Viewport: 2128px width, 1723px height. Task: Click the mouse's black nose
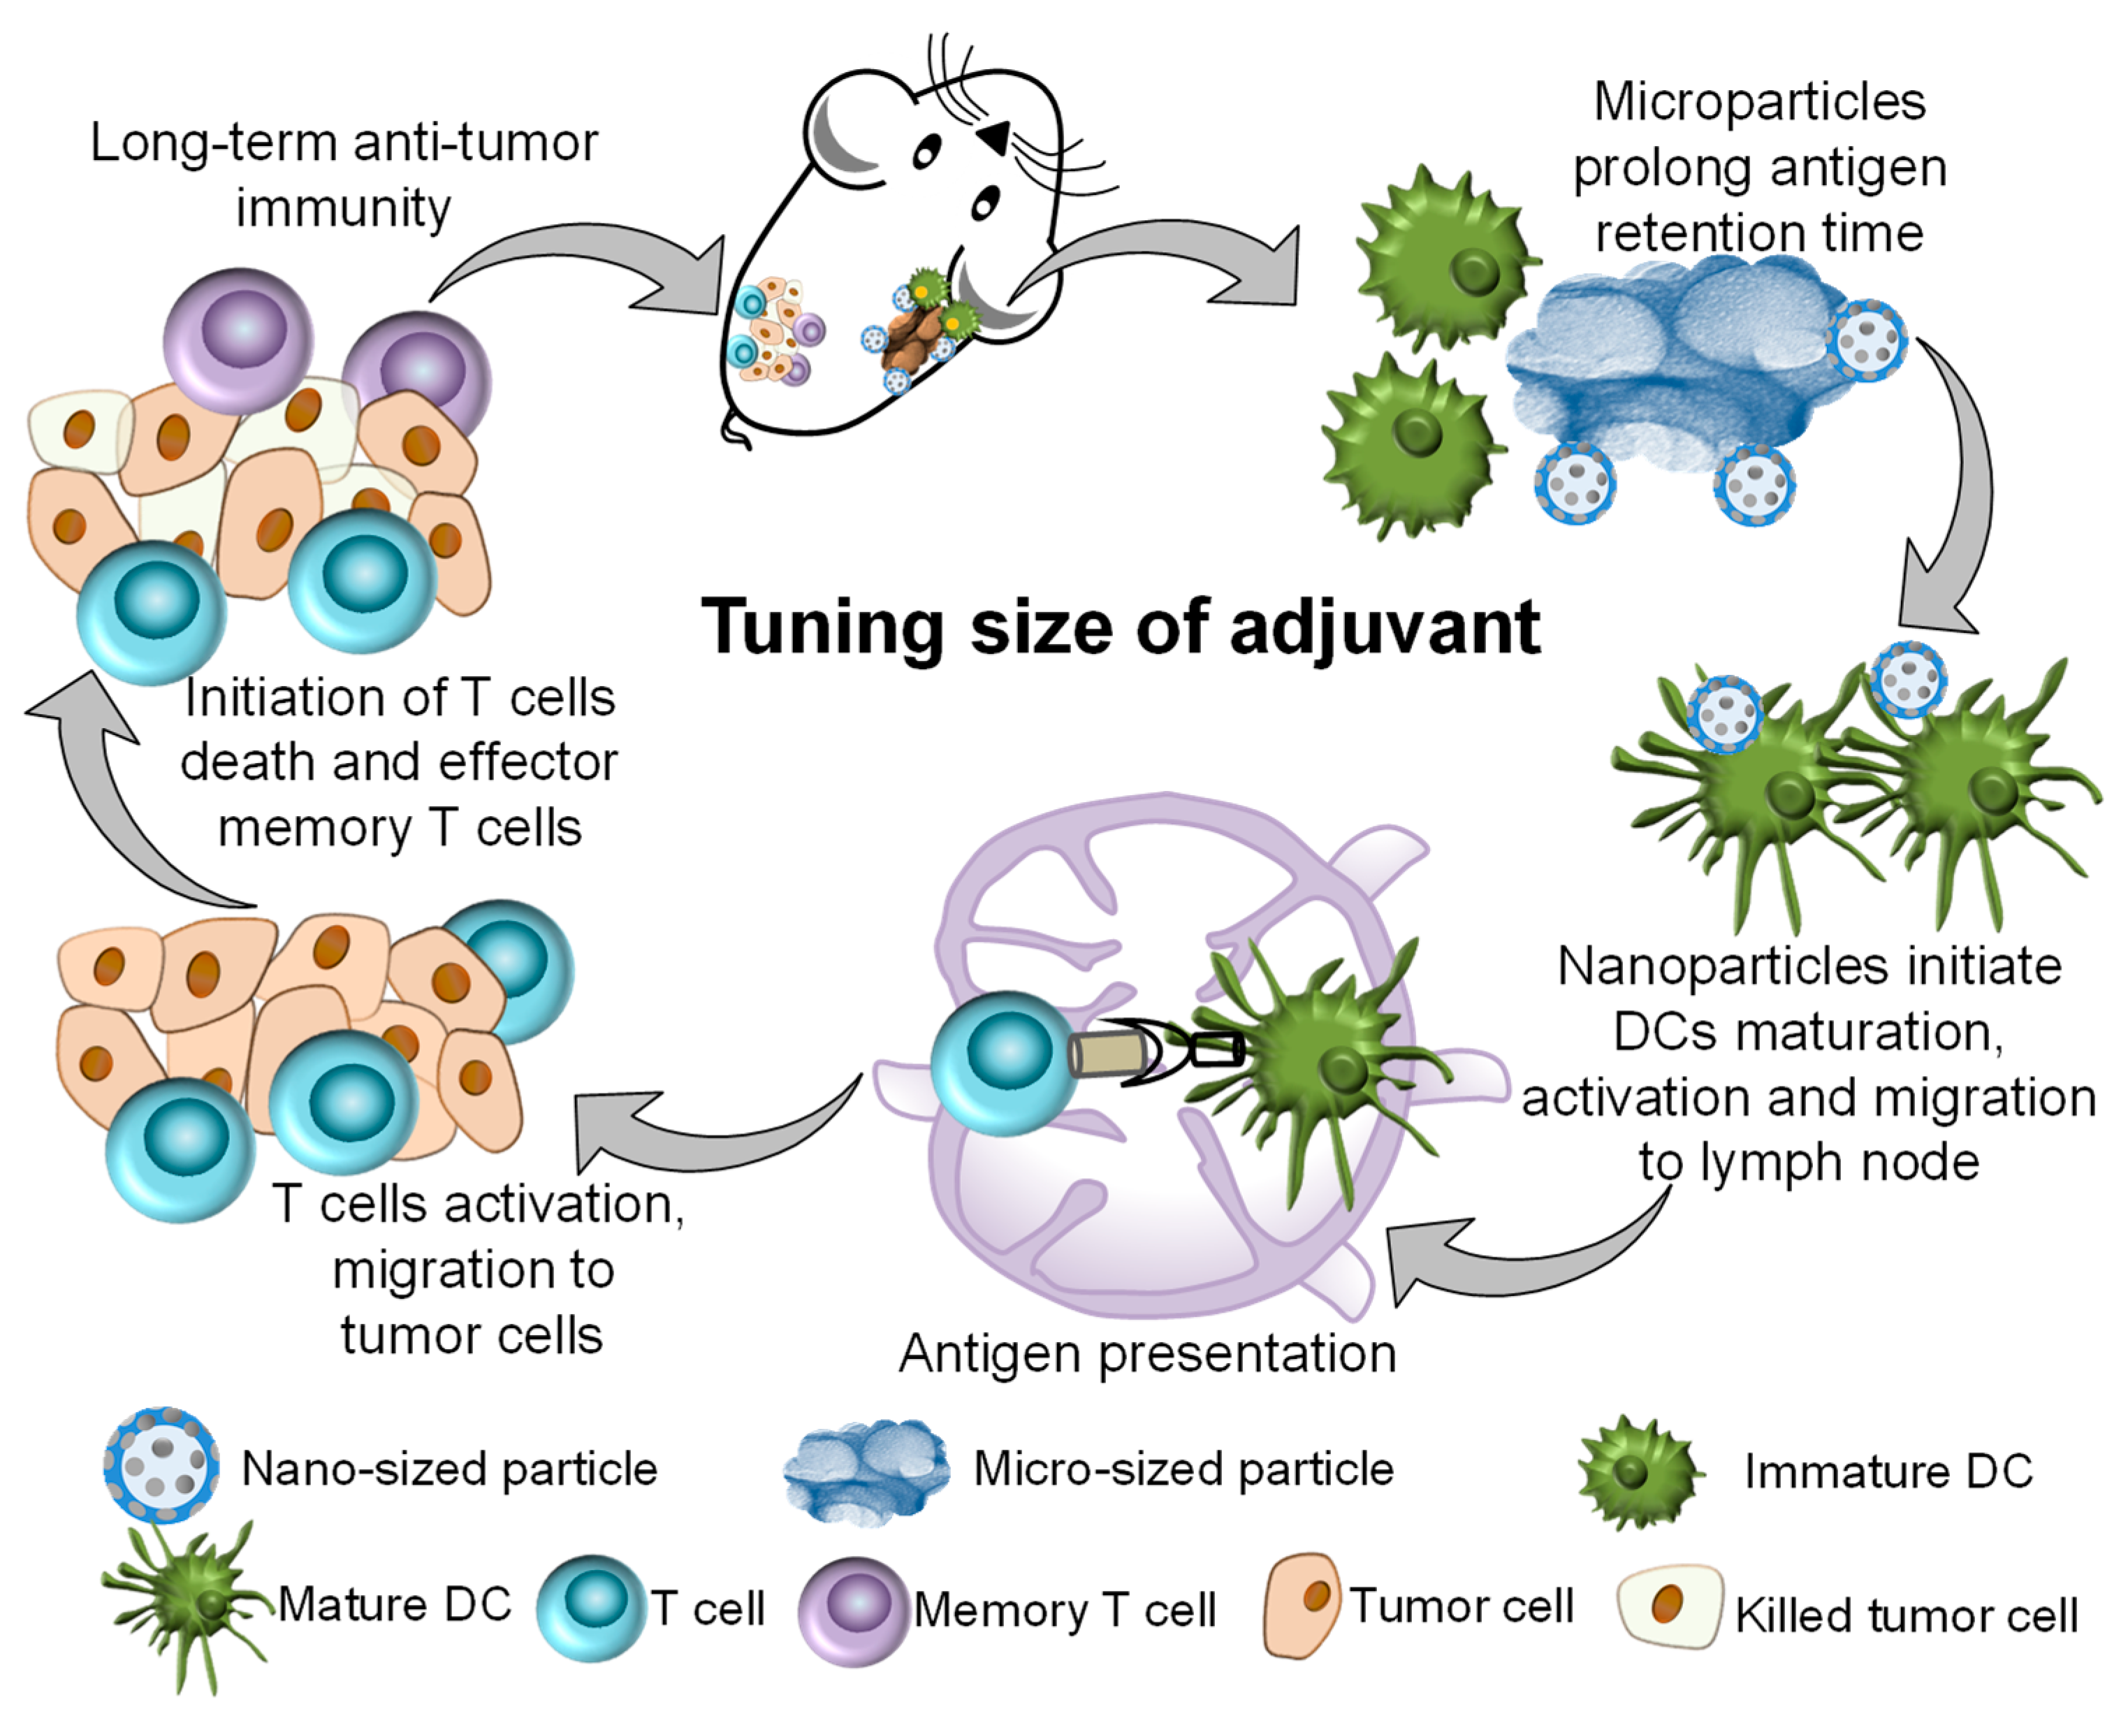click(x=996, y=137)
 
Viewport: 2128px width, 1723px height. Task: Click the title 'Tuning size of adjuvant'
click(x=1121, y=627)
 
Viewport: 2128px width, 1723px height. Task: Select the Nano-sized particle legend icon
click(x=161, y=1464)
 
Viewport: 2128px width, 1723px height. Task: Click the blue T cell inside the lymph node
click(x=1003, y=1062)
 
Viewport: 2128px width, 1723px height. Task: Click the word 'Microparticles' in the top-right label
click(x=1758, y=101)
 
